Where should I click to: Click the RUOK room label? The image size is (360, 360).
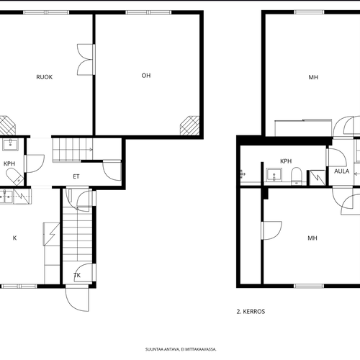[45, 77]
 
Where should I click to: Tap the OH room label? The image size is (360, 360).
[146, 76]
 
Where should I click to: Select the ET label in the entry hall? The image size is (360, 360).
[76, 176]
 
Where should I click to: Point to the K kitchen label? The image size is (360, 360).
[14, 238]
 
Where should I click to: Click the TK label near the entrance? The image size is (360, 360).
[77, 275]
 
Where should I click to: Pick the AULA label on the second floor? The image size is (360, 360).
[342, 171]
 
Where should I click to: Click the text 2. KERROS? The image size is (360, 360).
[251, 312]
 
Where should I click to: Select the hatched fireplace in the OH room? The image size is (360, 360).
[189, 125]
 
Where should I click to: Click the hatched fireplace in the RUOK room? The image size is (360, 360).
[6, 125]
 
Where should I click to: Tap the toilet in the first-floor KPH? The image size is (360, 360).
[14, 176]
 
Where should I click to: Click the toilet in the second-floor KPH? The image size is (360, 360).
[297, 176]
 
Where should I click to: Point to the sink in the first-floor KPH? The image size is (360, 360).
[10, 145]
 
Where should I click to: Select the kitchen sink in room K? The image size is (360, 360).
[6, 197]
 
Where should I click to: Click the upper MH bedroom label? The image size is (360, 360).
[313, 77]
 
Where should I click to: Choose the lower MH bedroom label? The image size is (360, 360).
[312, 238]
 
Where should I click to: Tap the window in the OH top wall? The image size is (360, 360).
[149, 12]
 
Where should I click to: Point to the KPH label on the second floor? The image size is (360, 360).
[286, 161]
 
